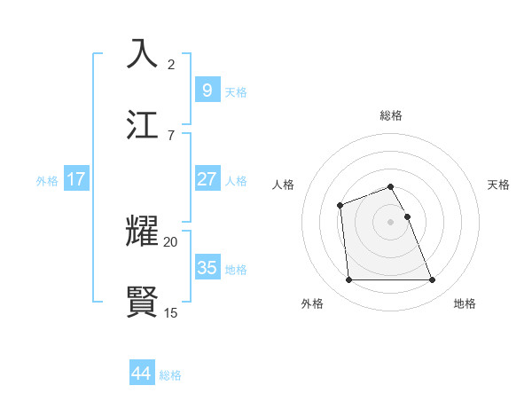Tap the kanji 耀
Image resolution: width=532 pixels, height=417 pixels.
[x=143, y=232]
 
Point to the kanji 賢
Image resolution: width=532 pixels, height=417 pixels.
[x=143, y=301]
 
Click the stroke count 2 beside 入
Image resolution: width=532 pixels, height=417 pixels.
[x=171, y=65]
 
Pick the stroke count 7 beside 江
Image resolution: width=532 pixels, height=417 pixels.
[x=171, y=135]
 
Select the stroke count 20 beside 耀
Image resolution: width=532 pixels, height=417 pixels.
[x=171, y=241]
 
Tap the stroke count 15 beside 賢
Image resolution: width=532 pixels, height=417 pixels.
[x=171, y=311]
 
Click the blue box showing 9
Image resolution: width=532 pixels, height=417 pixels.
[x=207, y=90]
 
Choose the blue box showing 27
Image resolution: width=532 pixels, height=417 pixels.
[x=207, y=179]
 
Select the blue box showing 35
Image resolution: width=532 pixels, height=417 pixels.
[x=207, y=267]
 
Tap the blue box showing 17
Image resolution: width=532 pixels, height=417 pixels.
[x=75, y=179]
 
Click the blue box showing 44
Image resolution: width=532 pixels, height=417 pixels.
[x=142, y=374]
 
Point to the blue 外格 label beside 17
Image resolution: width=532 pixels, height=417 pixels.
[x=47, y=180]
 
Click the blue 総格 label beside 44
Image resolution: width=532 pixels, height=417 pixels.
[x=170, y=375]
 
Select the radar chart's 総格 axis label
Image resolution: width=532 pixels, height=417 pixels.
[x=391, y=115]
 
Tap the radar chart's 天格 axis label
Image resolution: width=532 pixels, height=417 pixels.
[x=499, y=185]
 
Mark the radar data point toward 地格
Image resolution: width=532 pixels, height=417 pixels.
[x=433, y=280]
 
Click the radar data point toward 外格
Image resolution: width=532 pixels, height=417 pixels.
[x=348, y=280]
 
